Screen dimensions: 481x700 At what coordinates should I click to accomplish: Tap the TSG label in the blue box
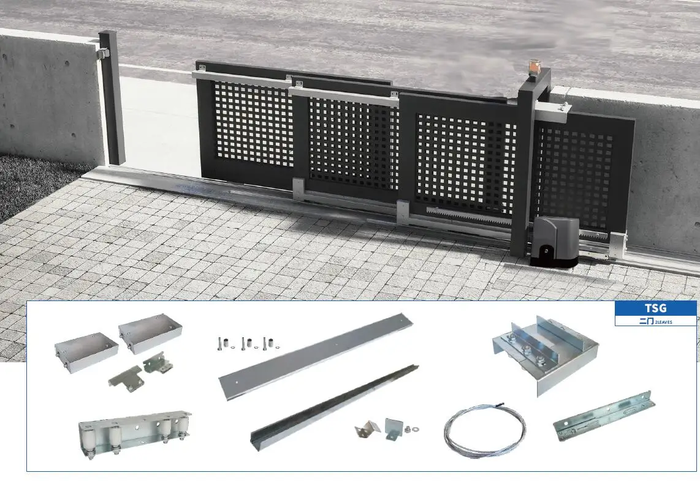pos(655,308)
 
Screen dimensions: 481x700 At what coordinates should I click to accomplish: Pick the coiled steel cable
pos(484,431)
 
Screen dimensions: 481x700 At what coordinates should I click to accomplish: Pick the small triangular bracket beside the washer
pos(368,429)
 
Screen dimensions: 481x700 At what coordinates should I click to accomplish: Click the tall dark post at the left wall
pos(112,98)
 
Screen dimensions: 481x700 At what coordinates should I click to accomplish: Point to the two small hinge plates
pos(141,372)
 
